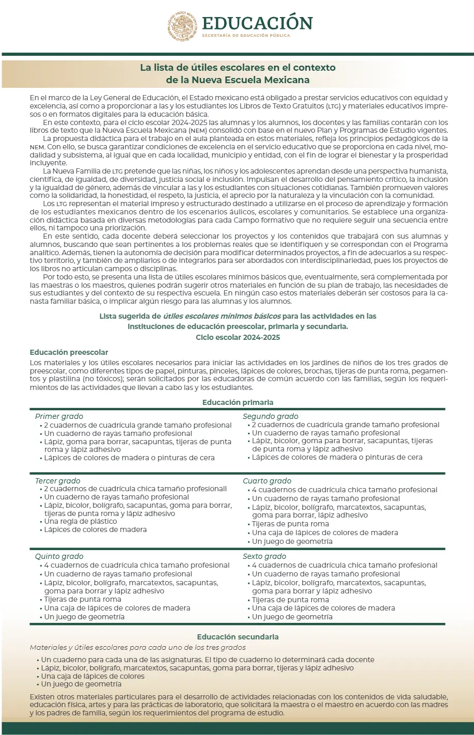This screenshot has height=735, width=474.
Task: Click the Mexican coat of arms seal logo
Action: [x=182, y=26]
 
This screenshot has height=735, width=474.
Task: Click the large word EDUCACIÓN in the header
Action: [x=257, y=23]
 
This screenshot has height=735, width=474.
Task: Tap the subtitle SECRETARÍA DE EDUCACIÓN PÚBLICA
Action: [x=246, y=36]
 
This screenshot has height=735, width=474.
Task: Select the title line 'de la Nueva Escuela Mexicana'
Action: [x=238, y=80]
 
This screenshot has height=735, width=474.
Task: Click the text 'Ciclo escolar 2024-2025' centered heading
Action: [x=238, y=337]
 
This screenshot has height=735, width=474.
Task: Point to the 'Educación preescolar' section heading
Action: [x=69, y=352]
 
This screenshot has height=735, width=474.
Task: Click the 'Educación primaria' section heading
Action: [x=238, y=402]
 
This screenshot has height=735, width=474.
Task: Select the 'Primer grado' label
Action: [x=59, y=416]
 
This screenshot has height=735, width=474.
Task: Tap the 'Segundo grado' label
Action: [x=271, y=416]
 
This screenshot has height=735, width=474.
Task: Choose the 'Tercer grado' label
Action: [x=58, y=481]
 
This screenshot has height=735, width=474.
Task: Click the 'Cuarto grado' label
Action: [x=267, y=481]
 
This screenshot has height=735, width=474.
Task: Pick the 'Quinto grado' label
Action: [x=59, y=556]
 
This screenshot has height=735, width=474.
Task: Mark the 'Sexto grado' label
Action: [x=264, y=556]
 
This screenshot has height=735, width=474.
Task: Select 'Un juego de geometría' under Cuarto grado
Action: [x=292, y=541]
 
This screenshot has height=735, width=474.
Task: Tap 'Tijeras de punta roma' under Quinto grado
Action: [x=83, y=599]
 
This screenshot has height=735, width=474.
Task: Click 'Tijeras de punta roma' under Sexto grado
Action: [x=290, y=600]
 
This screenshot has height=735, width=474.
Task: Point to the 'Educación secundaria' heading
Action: [x=238, y=637]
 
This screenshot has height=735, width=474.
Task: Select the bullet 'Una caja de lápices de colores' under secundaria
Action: [x=93, y=676]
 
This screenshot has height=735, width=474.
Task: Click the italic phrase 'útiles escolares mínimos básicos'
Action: [x=222, y=316]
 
